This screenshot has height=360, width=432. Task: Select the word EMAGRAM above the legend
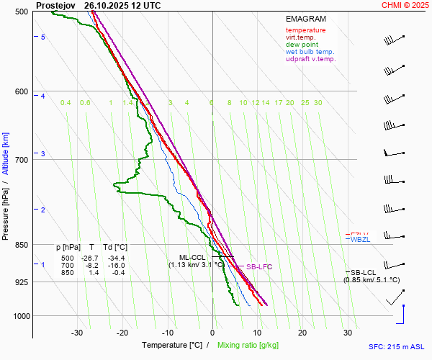point(305,18)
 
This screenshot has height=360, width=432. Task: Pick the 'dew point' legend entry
point(301,45)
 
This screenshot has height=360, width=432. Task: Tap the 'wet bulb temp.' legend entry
point(310,52)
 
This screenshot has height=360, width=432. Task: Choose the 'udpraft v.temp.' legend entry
point(310,59)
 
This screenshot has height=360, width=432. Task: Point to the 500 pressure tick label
point(21,12)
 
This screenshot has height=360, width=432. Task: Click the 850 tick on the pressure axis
point(21,245)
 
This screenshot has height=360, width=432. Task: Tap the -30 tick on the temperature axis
point(77,333)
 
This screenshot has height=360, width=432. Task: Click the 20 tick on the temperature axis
point(302,333)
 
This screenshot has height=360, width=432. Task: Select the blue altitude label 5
point(43,37)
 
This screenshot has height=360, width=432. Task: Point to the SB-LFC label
point(259,267)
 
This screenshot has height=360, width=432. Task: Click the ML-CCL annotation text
point(192,257)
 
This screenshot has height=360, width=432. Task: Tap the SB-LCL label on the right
point(364,272)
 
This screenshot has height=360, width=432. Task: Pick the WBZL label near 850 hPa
point(359,239)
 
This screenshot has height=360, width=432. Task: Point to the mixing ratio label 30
point(318,103)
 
